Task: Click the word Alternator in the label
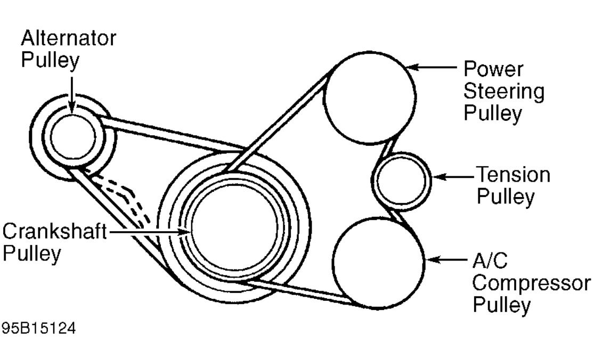[x=68, y=39]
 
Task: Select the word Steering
[x=503, y=92]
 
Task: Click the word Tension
[x=513, y=175]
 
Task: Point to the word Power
[x=493, y=69]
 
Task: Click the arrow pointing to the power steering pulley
[x=434, y=68]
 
